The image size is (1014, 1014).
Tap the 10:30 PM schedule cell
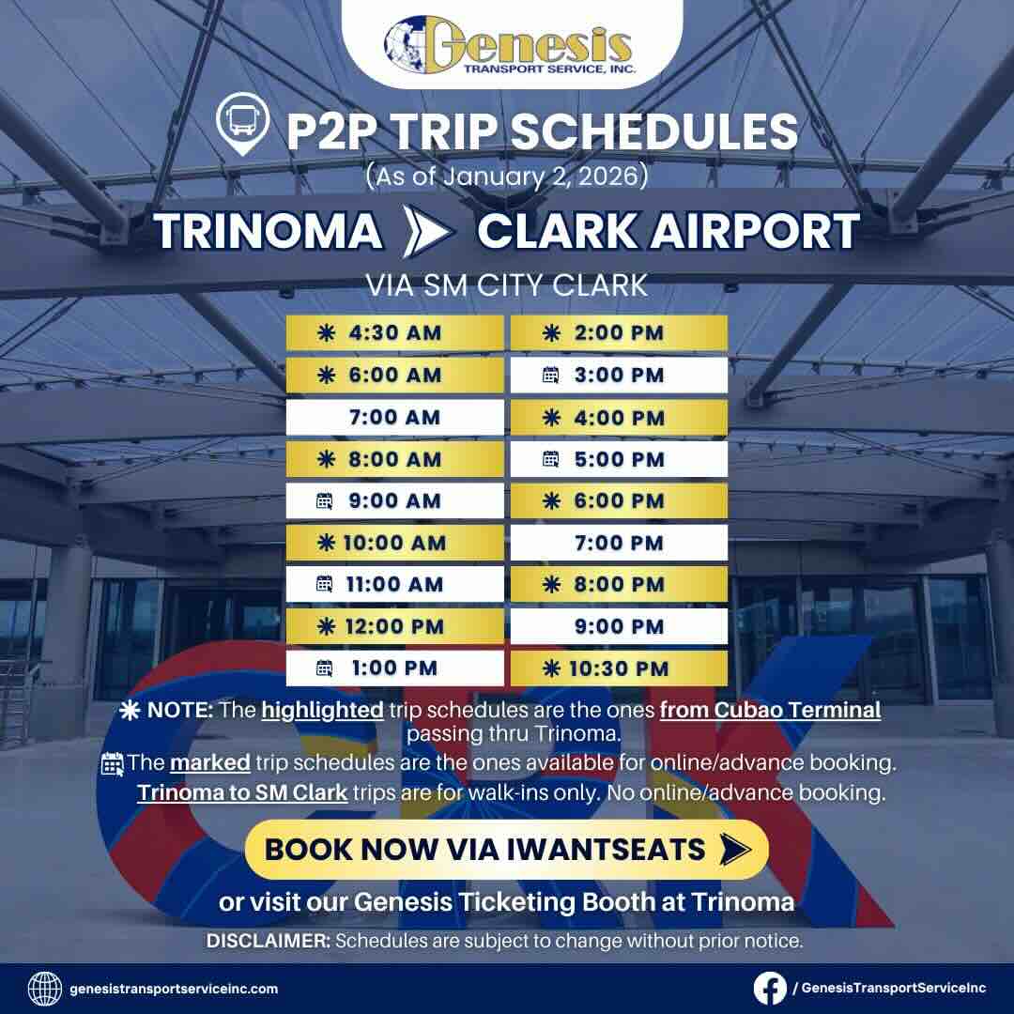(x=619, y=668)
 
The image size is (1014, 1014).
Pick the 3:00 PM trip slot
(x=619, y=376)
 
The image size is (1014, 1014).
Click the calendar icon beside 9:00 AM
(x=325, y=501)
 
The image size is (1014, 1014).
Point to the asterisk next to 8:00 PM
(x=552, y=584)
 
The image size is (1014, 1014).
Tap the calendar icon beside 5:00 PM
(x=551, y=459)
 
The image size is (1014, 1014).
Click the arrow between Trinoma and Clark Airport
(x=427, y=232)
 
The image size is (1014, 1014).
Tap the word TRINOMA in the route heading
(x=269, y=231)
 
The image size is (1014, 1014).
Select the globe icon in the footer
(x=45, y=988)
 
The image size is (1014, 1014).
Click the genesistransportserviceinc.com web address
(x=174, y=989)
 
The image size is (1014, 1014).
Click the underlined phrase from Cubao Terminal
(x=770, y=710)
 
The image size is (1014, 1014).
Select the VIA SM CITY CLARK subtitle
(x=507, y=284)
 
